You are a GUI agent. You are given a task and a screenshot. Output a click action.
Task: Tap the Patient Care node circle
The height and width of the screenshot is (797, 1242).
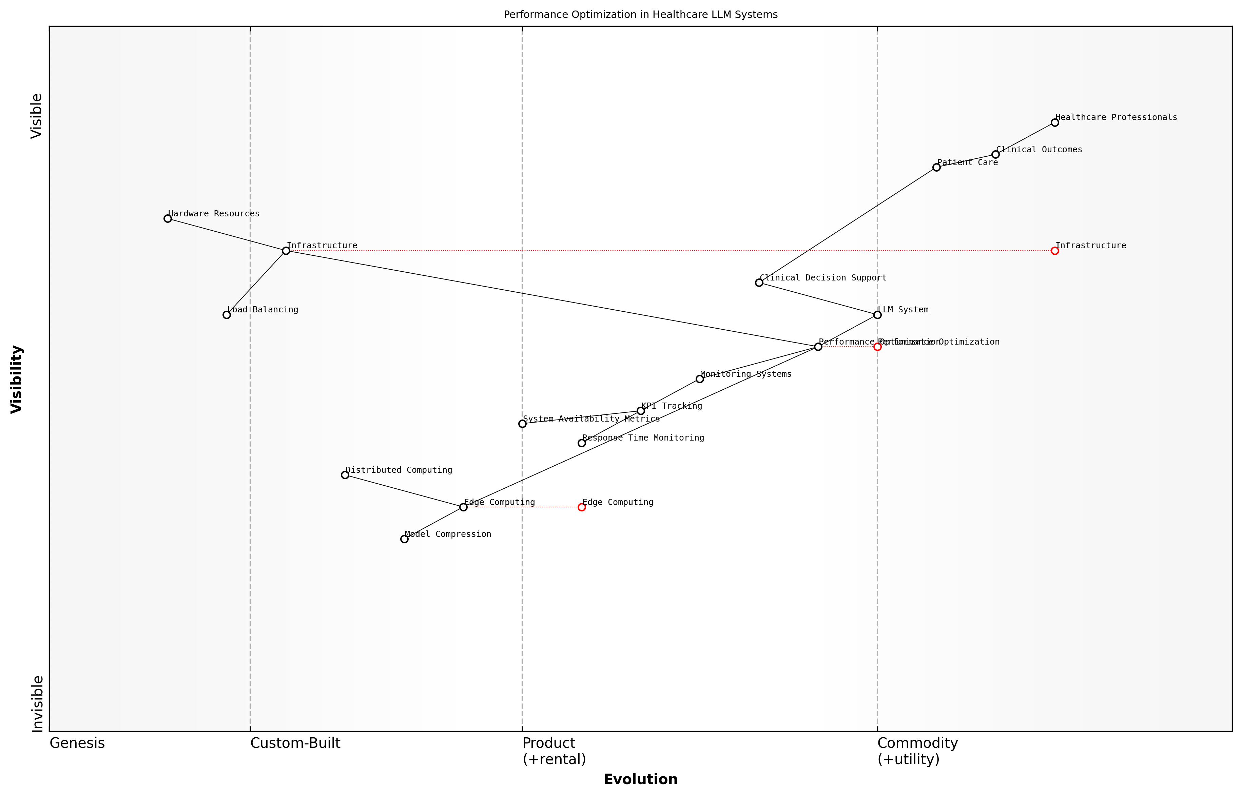pyautogui.click(x=936, y=167)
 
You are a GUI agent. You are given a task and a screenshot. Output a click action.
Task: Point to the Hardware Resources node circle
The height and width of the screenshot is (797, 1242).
pyautogui.click(x=168, y=218)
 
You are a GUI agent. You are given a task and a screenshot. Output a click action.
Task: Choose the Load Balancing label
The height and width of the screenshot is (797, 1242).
pyautogui.click(x=263, y=310)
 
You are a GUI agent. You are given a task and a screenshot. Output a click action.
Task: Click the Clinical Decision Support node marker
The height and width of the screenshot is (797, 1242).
pyautogui.click(x=759, y=283)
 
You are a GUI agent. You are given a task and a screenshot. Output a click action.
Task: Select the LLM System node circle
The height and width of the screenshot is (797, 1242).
pyautogui.click(x=877, y=315)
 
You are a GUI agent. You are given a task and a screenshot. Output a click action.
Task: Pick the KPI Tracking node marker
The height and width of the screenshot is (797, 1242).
pyautogui.click(x=641, y=411)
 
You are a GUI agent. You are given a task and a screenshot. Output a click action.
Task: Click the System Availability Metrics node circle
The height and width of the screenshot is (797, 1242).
pyautogui.click(x=522, y=424)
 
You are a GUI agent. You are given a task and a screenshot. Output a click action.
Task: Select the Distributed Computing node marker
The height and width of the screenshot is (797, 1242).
pyautogui.click(x=345, y=474)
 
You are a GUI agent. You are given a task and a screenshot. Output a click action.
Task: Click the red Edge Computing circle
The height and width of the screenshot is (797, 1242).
pyautogui.click(x=582, y=507)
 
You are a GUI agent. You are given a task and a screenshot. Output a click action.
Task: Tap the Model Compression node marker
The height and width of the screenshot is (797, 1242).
pyautogui.click(x=404, y=539)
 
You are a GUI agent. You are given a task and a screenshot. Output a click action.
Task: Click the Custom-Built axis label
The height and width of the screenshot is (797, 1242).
pyautogui.click(x=295, y=743)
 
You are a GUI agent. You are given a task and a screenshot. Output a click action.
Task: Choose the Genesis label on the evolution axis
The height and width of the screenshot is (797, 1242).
pyautogui.click(x=77, y=743)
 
